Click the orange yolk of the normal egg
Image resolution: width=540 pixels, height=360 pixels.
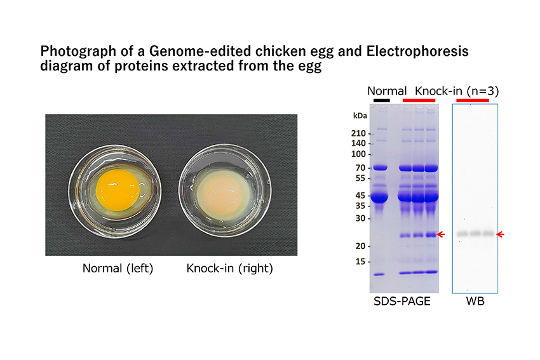pos(118,190)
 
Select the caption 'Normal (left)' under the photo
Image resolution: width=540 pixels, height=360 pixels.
pos(118,268)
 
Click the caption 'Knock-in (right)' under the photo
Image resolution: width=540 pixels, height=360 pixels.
pos(230,268)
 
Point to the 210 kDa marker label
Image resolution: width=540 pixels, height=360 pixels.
pos(358,133)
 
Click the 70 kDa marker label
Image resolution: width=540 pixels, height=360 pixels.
pos(360,168)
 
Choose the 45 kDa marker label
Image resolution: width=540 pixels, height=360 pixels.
pos(360,196)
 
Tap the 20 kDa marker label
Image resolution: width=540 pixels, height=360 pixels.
pos(360,246)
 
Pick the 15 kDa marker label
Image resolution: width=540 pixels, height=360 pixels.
pos(360,262)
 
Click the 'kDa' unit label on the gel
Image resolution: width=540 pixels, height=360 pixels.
pos(360,116)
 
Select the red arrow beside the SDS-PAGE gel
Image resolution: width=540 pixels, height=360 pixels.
pos(441,234)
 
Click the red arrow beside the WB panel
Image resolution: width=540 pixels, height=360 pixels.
pos(501,234)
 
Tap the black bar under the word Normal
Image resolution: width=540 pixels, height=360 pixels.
pos(382,100)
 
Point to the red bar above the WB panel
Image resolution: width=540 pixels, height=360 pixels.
pos(473,100)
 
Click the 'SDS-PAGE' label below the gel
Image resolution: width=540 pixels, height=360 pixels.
pos(402,301)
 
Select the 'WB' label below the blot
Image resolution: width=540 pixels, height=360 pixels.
pos(475,301)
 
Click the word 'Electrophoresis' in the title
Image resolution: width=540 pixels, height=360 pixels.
pos(417,51)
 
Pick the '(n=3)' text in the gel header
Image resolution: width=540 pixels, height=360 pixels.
pos(483,91)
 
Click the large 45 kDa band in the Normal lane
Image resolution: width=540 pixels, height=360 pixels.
pos(379,197)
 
